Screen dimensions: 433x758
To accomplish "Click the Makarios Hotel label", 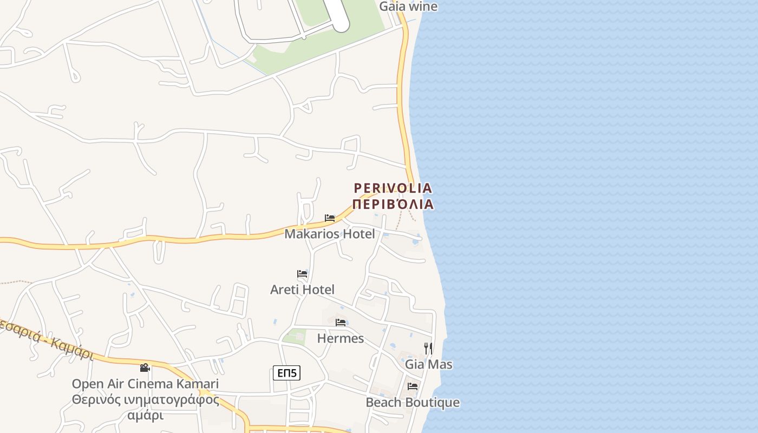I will pyautogui.click(x=329, y=234).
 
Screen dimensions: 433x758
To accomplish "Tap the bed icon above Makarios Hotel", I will pyautogui.click(x=330, y=218).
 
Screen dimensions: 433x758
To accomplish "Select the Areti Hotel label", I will pyautogui.click(x=302, y=290).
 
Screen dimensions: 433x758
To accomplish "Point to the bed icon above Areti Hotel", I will pyautogui.click(x=302, y=274).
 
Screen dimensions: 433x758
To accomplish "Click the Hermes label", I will pyautogui.click(x=340, y=338).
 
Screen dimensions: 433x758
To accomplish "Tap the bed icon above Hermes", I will pyautogui.click(x=341, y=323).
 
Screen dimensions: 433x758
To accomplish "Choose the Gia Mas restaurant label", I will pyautogui.click(x=429, y=364).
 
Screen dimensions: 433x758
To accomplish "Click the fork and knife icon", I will pyautogui.click(x=428, y=348).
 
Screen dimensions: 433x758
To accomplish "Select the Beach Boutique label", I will pyautogui.click(x=413, y=402).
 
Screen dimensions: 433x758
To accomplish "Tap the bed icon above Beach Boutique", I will pyautogui.click(x=413, y=386).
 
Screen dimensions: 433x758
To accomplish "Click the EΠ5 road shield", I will pyautogui.click(x=286, y=372).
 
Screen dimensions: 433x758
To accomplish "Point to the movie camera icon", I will pyautogui.click(x=145, y=368).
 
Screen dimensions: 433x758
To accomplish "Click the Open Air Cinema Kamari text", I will pyautogui.click(x=145, y=384).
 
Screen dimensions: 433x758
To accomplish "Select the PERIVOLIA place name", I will pyautogui.click(x=393, y=188).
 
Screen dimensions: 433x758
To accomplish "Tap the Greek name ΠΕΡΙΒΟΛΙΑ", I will pyautogui.click(x=393, y=204).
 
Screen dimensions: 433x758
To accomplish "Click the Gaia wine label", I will pyautogui.click(x=408, y=6).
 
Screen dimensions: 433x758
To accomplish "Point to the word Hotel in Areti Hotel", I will pyautogui.click(x=318, y=290).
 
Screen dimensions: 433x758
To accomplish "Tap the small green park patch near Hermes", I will pyautogui.click(x=294, y=337).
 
